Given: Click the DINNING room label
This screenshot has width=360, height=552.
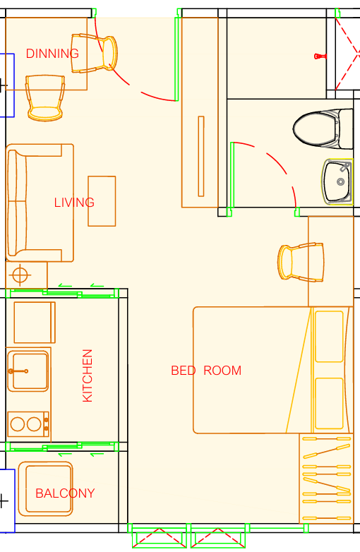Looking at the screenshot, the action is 52,54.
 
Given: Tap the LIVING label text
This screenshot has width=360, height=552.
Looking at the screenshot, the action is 74,203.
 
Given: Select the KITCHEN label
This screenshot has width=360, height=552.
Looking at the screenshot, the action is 88,376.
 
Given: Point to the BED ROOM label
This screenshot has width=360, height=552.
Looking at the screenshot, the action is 206,371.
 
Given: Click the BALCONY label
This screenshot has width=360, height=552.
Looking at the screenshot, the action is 65,493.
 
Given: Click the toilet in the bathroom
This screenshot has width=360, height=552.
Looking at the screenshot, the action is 323,128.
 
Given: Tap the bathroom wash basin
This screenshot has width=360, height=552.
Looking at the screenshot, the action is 337,181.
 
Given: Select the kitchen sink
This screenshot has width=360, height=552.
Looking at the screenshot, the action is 28,371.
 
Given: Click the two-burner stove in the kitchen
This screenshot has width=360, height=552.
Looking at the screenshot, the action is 28,424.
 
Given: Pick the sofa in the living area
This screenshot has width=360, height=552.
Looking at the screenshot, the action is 40,203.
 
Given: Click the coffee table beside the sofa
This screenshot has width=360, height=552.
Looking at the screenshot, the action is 102,201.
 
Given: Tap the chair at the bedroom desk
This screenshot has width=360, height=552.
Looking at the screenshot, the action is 301,263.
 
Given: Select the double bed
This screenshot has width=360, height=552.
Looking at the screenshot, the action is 272,370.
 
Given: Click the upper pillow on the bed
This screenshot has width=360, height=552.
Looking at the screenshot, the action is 330,337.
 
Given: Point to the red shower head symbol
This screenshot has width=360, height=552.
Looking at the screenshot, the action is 320,56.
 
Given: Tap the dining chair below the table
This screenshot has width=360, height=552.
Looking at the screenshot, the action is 45,98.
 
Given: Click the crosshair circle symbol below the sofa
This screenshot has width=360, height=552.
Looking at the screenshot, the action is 20,275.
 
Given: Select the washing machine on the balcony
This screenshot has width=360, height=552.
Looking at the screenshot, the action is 45,488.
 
